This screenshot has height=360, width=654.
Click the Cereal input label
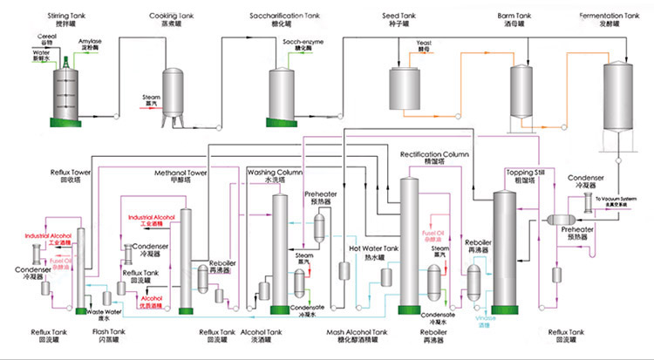point(50,36)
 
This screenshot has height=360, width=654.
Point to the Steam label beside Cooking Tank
point(151,97)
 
